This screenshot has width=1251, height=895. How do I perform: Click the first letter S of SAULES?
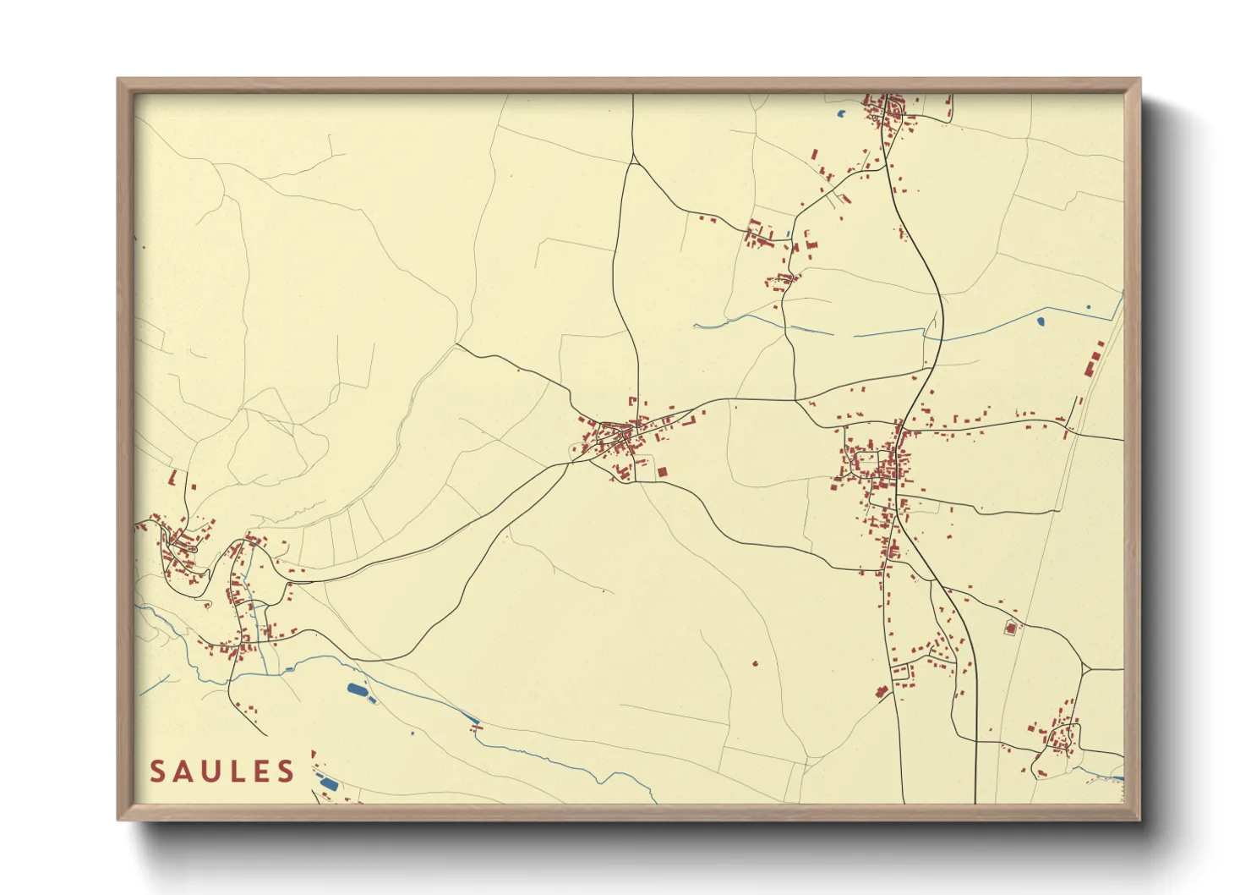[x=157, y=771]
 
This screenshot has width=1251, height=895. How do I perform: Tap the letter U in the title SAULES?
[x=210, y=771]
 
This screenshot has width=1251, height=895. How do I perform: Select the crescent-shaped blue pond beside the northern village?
[x=842, y=113]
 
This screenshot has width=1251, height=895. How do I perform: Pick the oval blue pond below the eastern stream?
[x=1041, y=321]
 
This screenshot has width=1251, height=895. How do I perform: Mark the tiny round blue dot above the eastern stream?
[x=1089, y=307]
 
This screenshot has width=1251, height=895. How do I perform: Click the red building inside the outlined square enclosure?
[x=1009, y=628]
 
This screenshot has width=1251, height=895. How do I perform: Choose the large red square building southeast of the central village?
[x=663, y=471]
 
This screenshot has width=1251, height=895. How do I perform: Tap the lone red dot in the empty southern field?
[x=755, y=664]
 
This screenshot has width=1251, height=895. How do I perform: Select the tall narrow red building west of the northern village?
[x=814, y=156]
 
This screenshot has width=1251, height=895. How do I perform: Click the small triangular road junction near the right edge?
[x=1084, y=669]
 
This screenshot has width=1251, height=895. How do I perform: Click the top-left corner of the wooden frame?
[x=118, y=80]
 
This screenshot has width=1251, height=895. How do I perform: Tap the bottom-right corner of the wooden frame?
[x=1140, y=819]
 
